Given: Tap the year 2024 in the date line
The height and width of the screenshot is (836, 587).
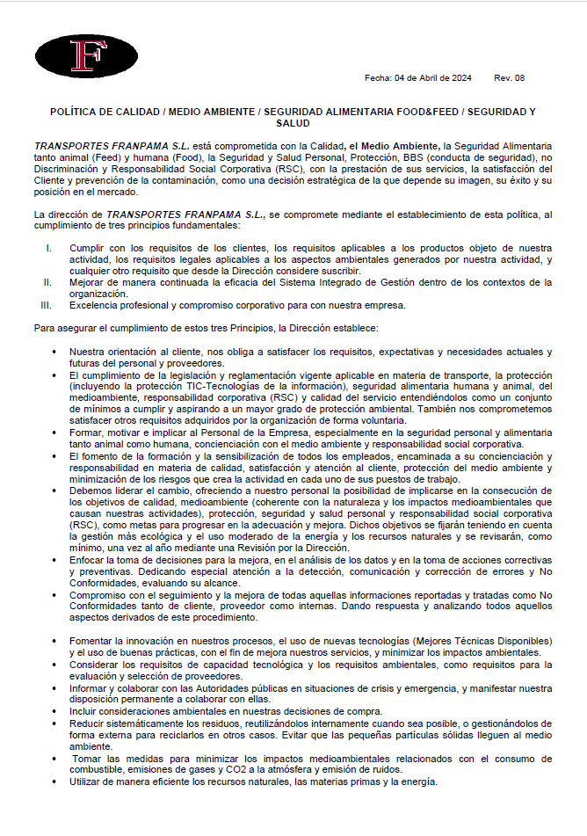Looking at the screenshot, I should click(x=461, y=78).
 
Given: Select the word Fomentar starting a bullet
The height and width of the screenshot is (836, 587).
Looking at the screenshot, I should click(x=91, y=641).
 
